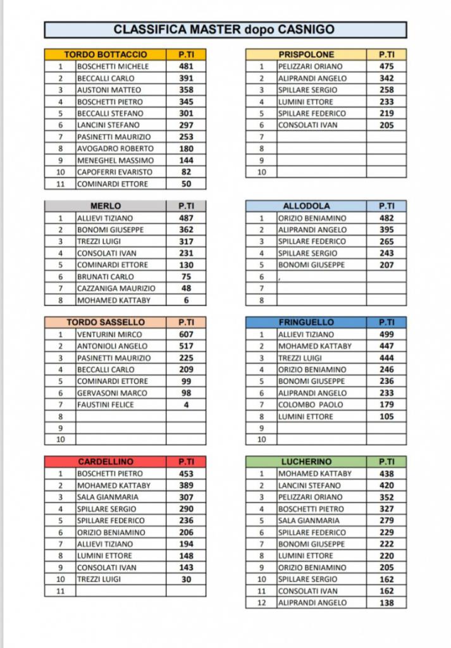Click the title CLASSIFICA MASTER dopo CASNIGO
tap(225, 30)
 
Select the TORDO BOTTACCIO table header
tap(106, 55)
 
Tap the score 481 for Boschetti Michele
tap(186, 66)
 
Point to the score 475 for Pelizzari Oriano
tap(386, 66)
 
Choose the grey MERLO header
tap(106, 206)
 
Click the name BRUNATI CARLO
tap(106, 277)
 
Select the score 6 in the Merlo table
tap(186, 300)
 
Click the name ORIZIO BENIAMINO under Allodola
tap(312, 218)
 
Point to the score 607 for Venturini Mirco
tap(186, 335)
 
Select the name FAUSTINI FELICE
tap(106, 405)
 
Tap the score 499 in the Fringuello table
tap(386, 335)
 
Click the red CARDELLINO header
tap(106, 462)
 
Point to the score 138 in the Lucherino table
tap(386, 603)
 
